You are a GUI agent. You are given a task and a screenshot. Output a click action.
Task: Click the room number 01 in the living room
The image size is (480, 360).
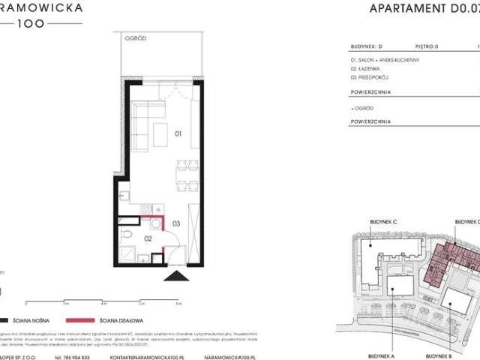pos(178,134)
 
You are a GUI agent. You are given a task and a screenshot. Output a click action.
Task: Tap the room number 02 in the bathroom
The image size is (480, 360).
pos(148,238)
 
